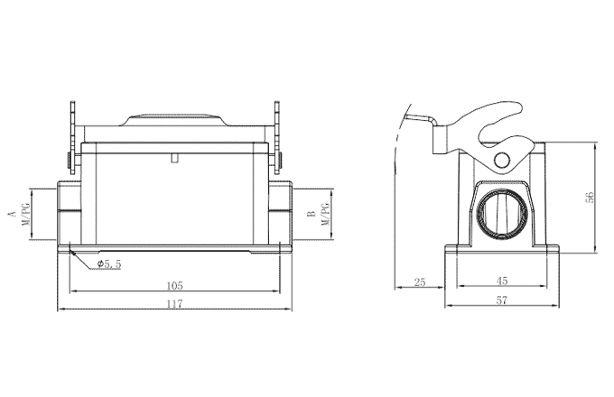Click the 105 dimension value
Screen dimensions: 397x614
pos(174,285)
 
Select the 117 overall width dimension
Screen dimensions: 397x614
pos(174,304)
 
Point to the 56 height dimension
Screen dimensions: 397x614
pos(590,198)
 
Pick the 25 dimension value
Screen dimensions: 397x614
pos(419,282)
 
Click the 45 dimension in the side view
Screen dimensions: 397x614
pos(501,282)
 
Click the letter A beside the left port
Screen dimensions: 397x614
pos(11,215)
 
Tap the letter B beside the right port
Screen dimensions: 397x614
pos(311,215)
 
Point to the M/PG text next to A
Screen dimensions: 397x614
pos(24,215)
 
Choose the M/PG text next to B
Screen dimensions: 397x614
pos(325,215)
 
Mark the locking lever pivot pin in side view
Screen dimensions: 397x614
pos(502,160)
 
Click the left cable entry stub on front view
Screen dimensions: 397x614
pos(68,210)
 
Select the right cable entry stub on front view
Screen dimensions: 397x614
pos(282,210)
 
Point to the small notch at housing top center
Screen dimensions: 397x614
pos(174,159)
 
